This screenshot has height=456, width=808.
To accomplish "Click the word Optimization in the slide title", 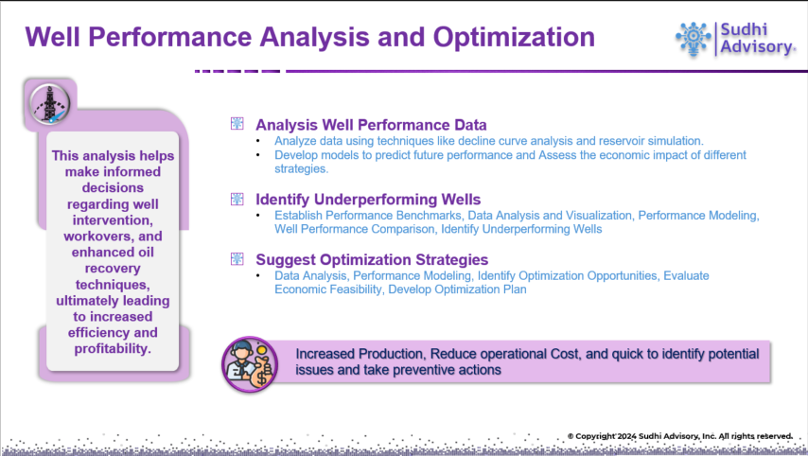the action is coord(514,37).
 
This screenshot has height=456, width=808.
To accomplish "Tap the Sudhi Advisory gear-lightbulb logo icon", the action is coord(694,39).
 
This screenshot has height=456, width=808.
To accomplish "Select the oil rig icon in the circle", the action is coord(49,105).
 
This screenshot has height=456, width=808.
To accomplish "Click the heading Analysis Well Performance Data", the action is coord(371,125).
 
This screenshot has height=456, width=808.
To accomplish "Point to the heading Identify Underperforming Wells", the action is coord(368,200).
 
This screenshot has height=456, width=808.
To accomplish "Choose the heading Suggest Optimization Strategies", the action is coord(372,259).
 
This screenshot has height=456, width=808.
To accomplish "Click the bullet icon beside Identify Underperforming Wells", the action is coord(237,199).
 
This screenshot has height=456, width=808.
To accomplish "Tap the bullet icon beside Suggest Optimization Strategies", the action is coord(237,258).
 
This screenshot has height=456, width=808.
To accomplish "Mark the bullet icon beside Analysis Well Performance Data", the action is coord(237,123).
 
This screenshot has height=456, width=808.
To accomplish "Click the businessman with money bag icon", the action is coord(250,364).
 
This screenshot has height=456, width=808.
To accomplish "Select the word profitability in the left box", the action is coord(112,349).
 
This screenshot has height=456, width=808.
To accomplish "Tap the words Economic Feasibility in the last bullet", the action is coord(327,289).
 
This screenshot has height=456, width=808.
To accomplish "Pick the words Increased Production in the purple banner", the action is coord(360,354).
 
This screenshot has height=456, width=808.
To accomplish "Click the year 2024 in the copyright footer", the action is coord(627,436).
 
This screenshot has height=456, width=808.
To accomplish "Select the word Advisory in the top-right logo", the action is coord(757,47).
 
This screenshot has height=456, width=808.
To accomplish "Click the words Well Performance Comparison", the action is coord(355,229).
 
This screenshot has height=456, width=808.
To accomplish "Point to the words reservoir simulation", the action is coord(649,141).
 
